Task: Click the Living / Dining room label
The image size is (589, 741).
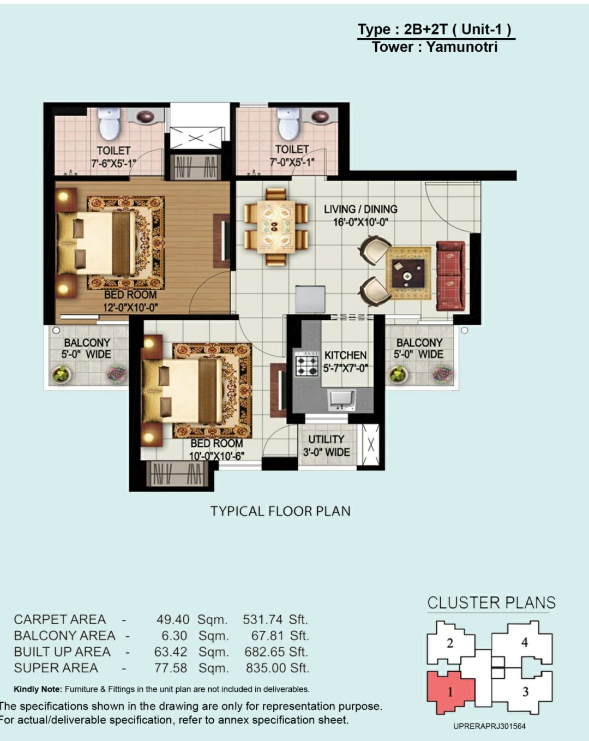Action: pos(360,216)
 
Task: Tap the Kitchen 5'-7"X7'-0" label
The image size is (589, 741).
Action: pos(346,362)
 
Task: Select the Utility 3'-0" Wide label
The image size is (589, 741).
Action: pos(326,446)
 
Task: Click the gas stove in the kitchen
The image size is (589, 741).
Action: pos(306,364)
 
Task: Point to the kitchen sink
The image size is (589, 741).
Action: pos(341,399)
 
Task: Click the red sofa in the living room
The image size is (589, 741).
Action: pos(450,276)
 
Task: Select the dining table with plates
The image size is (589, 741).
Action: pos(275,227)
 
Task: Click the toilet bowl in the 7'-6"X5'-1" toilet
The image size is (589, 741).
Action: pos(110,124)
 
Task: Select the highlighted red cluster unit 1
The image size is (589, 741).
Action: pos(450,691)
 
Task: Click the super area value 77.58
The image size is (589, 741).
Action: pos(170,668)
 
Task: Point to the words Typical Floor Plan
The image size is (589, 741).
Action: pos(280,511)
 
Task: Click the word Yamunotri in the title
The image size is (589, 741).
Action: pos(462,47)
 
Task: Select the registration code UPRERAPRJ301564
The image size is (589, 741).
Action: pos(489,726)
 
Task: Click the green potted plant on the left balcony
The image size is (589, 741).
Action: pos(62,374)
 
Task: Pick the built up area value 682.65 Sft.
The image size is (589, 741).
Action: pos(277,652)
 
